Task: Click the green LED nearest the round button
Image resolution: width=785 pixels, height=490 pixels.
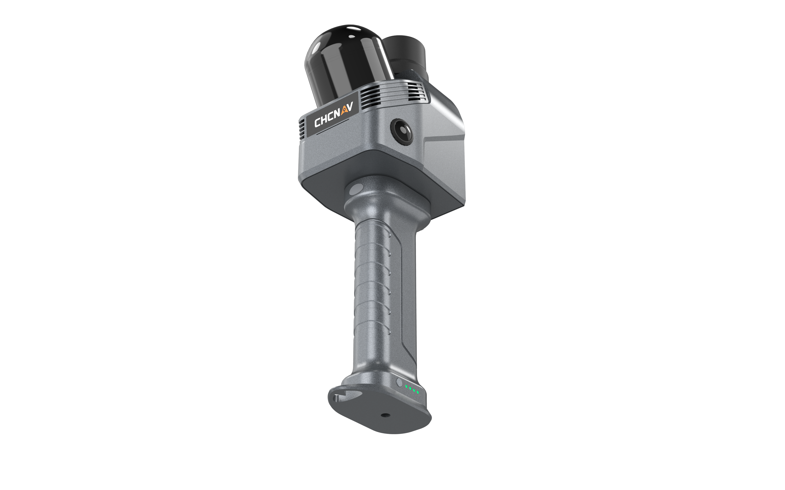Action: pos(406,387)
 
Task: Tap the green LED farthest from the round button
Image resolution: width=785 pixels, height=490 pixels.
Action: pos(418,392)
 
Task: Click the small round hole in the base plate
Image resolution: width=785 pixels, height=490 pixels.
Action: pos(385,415)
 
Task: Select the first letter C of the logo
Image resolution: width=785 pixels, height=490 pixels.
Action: pos(318,122)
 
